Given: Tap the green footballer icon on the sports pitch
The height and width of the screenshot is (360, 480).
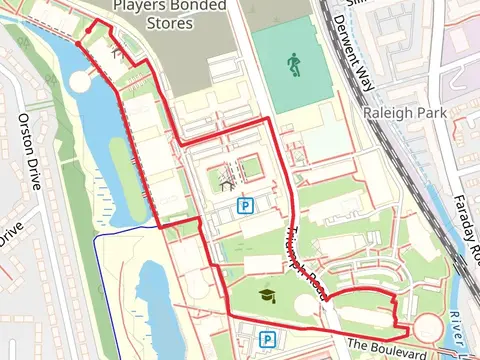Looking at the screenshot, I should [x=293, y=66].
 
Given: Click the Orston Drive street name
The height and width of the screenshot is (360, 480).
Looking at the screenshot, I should [x=30, y=150].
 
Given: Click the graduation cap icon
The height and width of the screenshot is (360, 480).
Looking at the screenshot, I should [x=268, y=296].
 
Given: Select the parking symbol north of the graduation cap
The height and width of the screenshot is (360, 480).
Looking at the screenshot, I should [x=244, y=206].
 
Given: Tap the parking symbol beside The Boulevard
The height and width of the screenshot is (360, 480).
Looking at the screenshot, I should [x=268, y=340].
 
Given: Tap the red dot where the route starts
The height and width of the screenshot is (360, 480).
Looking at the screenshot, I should [x=78, y=43].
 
